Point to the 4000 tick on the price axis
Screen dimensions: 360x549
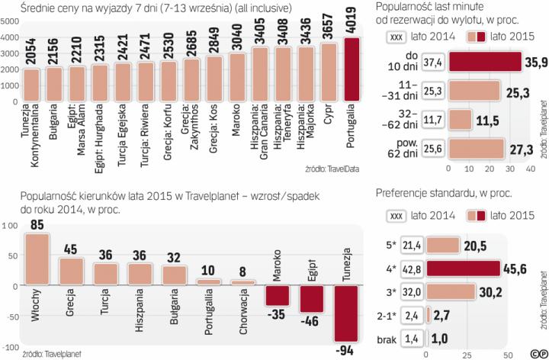(x=10, y=36)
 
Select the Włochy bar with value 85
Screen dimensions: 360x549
(x=38, y=259)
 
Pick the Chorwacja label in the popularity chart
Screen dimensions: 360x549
(x=242, y=312)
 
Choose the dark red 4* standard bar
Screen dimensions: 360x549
(x=473, y=268)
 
